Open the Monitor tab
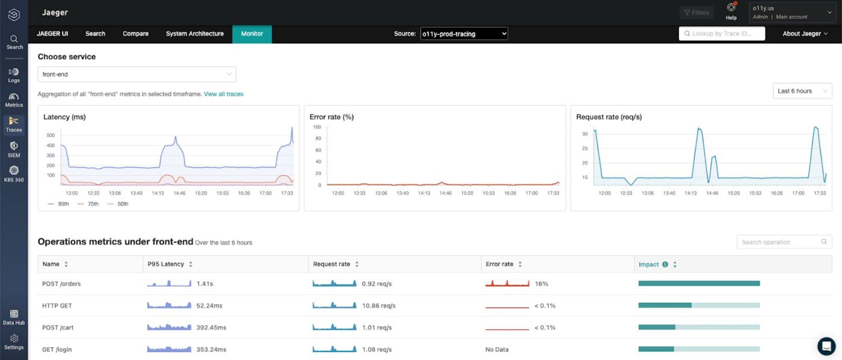(x=252, y=34)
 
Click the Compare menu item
(x=136, y=34)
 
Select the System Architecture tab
(x=195, y=34)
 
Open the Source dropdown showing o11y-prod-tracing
(x=464, y=34)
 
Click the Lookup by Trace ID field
(x=722, y=34)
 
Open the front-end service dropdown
(x=137, y=75)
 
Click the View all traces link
(x=223, y=94)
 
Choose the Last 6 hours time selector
(x=802, y=91)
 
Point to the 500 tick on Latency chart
(x=51, y=135)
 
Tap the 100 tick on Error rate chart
(x=317, y=127)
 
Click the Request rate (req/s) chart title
(x=609, y=117)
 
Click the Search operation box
(x=781, y=242)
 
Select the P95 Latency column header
(x=166, y=264)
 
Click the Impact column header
(x=649, y=264)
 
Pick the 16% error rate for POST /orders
(x=541, y=284)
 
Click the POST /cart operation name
(x=58, y=328)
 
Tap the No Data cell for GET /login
(x=497, y=349)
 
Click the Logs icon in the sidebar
(x=14, y=75)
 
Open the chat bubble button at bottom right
(x=826, y=346)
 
